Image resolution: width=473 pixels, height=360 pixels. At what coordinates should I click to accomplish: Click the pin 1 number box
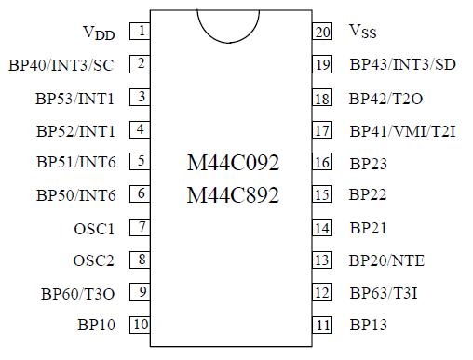click(x=141, y=32)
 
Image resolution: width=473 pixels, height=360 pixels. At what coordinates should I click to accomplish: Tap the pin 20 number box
click(x=322, y=32)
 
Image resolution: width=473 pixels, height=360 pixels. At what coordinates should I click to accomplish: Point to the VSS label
click(x=363, y=33)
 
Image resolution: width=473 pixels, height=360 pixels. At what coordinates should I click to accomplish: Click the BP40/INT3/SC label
click(x=73, y=65)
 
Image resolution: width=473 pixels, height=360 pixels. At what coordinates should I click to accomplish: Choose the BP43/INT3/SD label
click(x=402, y=65)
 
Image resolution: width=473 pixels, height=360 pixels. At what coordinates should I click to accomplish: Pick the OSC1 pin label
click(x=94, y=228)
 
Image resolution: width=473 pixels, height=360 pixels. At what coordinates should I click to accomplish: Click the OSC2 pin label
click(x=94, y=260)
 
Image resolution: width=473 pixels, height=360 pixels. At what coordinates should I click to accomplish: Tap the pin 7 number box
click(x=141, y=227)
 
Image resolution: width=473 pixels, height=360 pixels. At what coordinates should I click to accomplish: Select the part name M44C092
click(x=233, y=163)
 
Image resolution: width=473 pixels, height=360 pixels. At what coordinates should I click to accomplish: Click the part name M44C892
click(x=233, y=195)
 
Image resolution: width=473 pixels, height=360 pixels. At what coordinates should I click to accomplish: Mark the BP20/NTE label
click(x=386, y=260)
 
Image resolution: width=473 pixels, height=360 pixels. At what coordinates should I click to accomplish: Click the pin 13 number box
click(x=322, y=260)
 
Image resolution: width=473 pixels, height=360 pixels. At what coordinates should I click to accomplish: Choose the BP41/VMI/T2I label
click(x=401, y=130)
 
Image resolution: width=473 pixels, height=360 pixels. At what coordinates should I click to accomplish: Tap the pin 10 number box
click(x=141, y=325)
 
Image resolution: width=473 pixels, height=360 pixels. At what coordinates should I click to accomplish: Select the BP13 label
click(x=368, y=326)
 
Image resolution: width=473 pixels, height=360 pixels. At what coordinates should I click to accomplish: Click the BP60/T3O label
click(x=78, y=293)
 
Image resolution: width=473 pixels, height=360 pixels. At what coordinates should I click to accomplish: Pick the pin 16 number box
click(x=322, y=162)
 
